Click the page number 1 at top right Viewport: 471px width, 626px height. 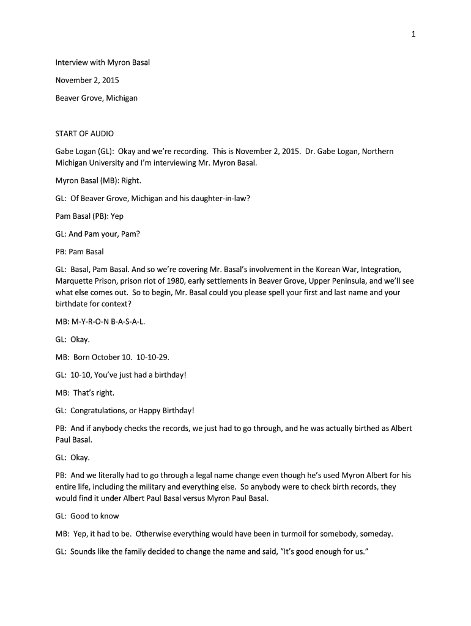[414, 34]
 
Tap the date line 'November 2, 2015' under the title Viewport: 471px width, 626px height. [87, 80]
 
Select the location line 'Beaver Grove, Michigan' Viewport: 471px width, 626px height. [97, 98]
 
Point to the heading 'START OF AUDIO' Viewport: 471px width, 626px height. [84, 133]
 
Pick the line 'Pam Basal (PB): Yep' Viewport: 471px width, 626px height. [89, 216]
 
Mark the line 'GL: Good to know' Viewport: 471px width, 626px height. [87, 516]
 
